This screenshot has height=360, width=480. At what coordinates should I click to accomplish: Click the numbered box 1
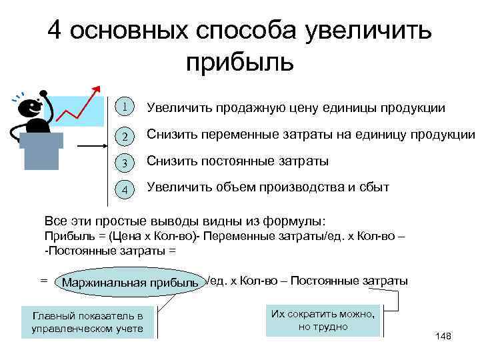click(124, 107)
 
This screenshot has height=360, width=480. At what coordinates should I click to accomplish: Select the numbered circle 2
click(124, 135)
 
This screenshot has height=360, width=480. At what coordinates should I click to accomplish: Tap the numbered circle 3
click(124, 162)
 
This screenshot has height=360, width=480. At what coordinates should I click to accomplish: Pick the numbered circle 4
click(124, 189)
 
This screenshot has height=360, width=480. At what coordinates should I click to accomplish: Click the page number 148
click(443, 336)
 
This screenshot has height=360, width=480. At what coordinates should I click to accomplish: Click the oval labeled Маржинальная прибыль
click(130, 283)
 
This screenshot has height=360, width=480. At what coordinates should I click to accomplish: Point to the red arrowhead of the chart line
click(99, 88)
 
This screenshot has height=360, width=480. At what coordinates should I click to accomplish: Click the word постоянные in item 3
click(237, 161)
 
